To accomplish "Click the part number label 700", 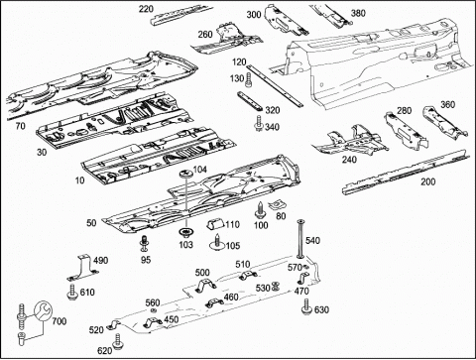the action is coord(59,321).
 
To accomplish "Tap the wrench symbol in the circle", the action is coord(43,311).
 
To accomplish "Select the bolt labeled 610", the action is coord(71,292).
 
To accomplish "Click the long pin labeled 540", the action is coord(300,238).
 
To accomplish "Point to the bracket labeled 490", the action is coord(82,268).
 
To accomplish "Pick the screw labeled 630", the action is coord(307,307).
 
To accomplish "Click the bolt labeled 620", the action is coord(118,342).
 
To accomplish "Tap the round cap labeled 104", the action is coord(185,174).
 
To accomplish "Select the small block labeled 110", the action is coord(215,224).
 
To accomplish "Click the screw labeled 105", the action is coord(217,242).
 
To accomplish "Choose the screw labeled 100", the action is coord(260,210).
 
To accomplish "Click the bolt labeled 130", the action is coord(248,80).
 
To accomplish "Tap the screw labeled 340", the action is coord(258,123).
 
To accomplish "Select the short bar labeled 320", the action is coord(250,101).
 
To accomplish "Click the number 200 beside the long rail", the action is coord(428,181).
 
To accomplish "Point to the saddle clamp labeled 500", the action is coord(205,285).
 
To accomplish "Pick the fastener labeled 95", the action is coord(144,243).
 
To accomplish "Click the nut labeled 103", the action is coord(185,233).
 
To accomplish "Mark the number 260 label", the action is coord(205,34).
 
